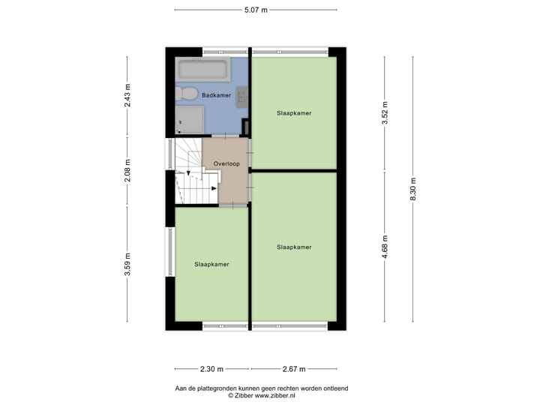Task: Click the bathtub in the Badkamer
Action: pyautogui.click(x=202, y=70)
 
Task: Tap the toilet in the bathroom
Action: pyautogui.click(x=185, y=94)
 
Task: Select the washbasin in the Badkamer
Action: pyautogui.click(x=241, y=94)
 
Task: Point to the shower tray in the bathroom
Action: pyautogui.click(x=190, y=119)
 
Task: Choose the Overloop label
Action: pyautogui.click(x=225, y=163)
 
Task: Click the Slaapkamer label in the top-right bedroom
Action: pyautogui.click(x=294, y=113)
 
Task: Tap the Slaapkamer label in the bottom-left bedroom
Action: pyautogui.click(x=211, y=264)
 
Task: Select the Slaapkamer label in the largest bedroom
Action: pyautogui.click(x=294, y=247)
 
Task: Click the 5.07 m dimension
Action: pyautogui.click(x=256, y=10)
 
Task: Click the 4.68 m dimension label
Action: pyautogui.click(x=385, y=247)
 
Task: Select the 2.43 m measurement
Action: pyautogui.click(x=127, y=94)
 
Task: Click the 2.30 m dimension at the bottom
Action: pyautogui.click(x=213, y=369)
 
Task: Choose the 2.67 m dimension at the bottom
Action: pyautogui.click(x=294, y=369)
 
